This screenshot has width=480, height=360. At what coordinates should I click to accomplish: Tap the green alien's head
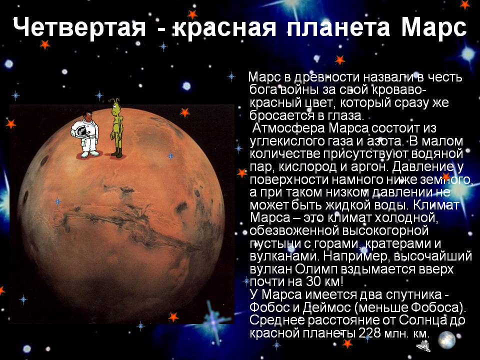[x=118, y=107]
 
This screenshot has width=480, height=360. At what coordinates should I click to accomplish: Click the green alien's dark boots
[x=116, y=153]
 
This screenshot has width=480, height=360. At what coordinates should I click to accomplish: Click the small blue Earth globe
[x=446, y=340]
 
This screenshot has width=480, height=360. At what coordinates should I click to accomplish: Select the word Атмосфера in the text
[x=285, y=128]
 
